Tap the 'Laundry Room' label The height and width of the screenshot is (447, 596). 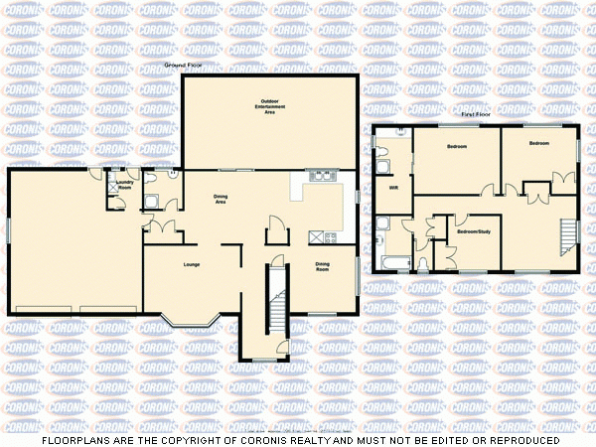point(125,185)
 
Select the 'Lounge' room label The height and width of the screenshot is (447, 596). point(192,265)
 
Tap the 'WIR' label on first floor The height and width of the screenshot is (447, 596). point(393,188)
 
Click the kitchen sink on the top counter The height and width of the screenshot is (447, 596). point(321,178)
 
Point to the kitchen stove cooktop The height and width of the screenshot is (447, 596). point(320,236)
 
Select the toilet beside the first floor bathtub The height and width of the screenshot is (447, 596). point(422,263)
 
